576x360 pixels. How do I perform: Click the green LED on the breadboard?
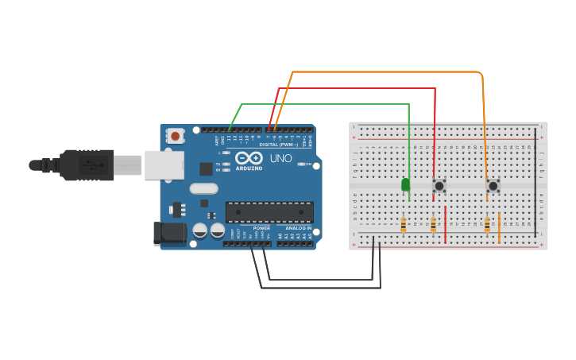click(x=406, y=185)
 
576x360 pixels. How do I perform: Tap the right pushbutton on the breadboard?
click(x=493, y=186)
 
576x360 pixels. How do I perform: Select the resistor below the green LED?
click(x=404, y=225)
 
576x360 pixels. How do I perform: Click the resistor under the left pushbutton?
click(x=433, y=225)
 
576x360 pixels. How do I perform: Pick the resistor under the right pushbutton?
click(x=487, y=225)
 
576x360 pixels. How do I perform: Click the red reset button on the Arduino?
click(x=175, y=136)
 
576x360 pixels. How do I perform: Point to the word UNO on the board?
click(x=281, y=158)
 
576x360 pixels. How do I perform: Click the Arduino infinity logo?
click(x=249, y=158)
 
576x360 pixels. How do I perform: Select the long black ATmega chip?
click(x=269, y=212)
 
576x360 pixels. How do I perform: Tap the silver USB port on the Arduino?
click(x=164, y=165)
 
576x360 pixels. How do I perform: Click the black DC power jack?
click(x=169, y=233)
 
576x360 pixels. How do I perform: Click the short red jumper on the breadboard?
click(x=446, y=225)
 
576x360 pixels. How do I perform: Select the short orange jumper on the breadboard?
click(x=499, y=227)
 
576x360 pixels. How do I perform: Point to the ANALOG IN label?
click(x=299, y=228)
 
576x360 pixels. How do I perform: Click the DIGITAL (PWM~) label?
click(x=279, y=145)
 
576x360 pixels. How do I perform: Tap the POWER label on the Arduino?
click(x=261, y=228)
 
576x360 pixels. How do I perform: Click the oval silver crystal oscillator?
click(x=203, y=189)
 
